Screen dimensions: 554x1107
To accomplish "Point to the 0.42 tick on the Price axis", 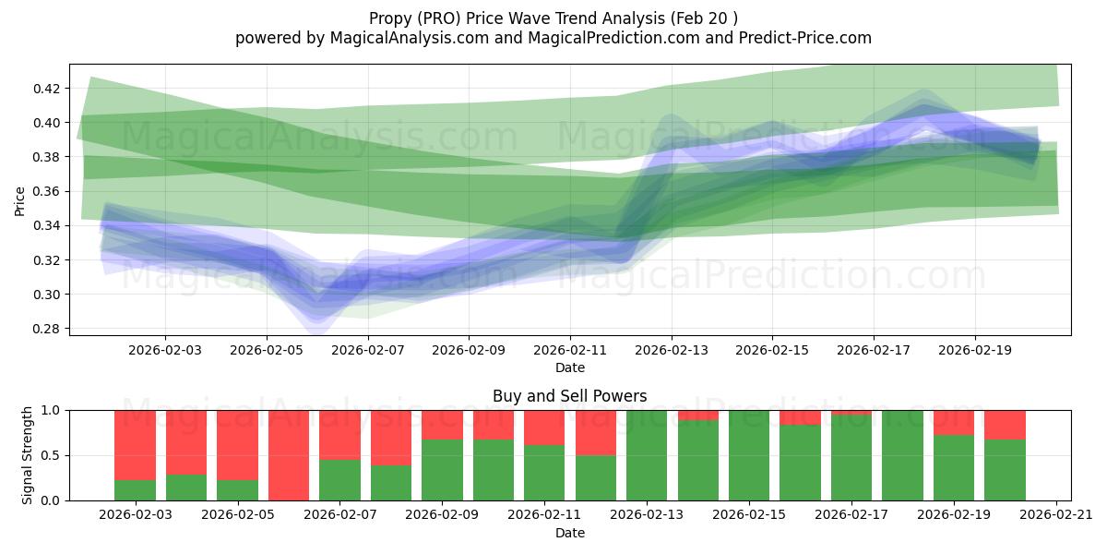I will click(x=47, y=89).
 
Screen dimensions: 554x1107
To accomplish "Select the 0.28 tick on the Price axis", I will click(x=47, y=329).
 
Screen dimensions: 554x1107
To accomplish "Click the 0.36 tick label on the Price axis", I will click(x=47, y=191).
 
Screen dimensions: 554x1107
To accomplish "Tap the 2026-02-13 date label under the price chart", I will click(x=672, y=351).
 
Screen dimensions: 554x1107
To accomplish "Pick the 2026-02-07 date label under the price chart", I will click(x=368, y=351).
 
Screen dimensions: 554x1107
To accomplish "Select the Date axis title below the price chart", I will click(x=569, y=368).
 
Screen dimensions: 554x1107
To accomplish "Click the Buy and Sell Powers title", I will click(x=569, y=396).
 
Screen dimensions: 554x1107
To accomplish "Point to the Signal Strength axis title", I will click(x=28, y=455).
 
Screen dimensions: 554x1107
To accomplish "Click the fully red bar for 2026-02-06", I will click(x=289, y=455).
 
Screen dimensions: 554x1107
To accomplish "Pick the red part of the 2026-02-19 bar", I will click(x=953, y=422).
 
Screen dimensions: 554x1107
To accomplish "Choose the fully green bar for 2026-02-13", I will click(x=646, y=455).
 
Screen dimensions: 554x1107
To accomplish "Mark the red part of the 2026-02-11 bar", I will click(x=544, y=428).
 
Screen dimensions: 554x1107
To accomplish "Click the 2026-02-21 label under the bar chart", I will click(x=1055, y=514).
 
